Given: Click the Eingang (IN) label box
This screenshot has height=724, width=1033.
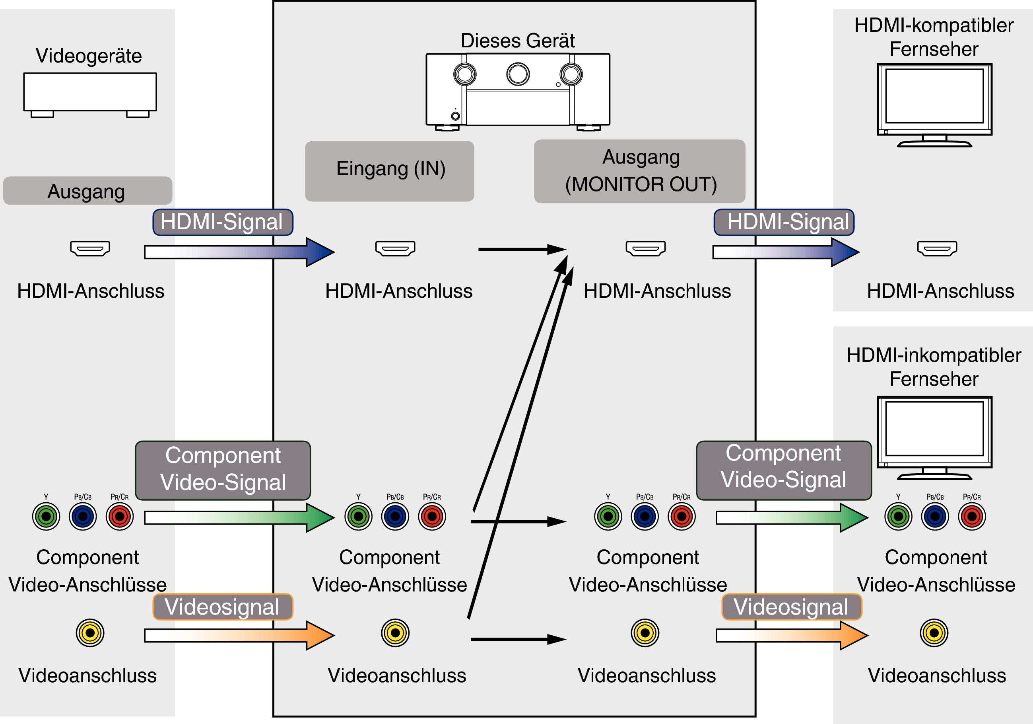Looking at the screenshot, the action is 389,171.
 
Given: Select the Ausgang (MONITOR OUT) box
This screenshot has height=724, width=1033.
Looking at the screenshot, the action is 639,171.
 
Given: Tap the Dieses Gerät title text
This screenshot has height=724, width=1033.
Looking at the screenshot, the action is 517,41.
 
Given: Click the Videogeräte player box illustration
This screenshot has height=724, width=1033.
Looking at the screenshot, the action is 90,95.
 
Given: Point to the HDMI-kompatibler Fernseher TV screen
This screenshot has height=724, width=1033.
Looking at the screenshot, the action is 934,96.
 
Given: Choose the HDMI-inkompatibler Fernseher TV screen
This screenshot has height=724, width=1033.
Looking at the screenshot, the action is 934,429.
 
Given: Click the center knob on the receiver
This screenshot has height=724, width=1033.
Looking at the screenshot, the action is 518,74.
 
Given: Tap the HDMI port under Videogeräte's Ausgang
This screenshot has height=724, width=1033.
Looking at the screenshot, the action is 90,248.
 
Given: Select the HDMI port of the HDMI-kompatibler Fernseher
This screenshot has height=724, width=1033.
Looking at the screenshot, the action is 937,248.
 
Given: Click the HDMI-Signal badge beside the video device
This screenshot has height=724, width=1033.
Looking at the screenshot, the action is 223,222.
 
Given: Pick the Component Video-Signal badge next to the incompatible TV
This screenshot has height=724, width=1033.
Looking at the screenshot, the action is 784,470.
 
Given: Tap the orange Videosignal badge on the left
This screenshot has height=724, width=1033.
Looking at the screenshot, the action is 223,607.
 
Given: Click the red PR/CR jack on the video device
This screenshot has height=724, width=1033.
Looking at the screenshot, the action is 120,517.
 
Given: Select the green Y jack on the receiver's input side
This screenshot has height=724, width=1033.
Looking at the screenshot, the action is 358,517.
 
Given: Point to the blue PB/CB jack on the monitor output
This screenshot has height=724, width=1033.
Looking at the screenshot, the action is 645,517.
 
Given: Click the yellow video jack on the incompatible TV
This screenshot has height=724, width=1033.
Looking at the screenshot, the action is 934,633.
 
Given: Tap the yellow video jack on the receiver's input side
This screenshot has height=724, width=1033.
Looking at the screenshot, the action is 395,633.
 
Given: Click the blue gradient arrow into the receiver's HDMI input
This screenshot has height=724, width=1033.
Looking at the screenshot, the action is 239,252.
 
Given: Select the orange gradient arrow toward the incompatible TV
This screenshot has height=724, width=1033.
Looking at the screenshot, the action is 792,635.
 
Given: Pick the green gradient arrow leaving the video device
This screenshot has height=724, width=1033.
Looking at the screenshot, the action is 239,518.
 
